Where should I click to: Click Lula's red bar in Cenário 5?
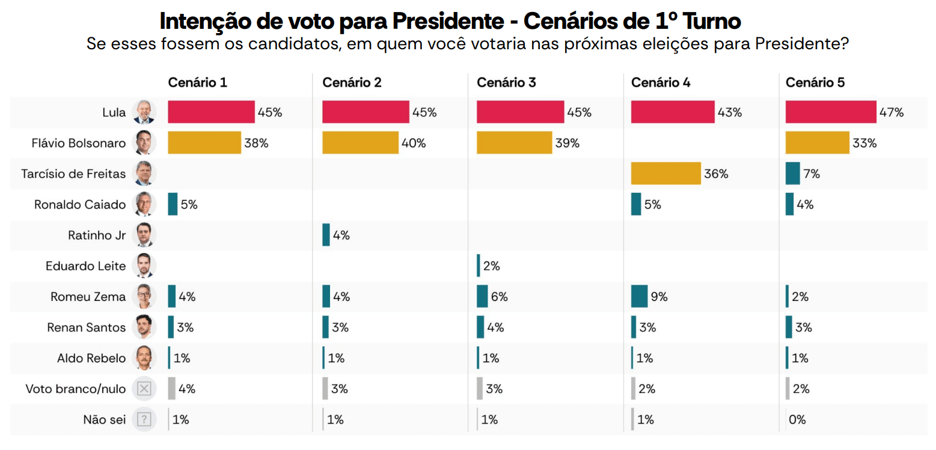point(830,112)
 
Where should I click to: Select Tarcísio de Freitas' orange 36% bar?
point(665,174)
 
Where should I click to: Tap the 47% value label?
point(892,112)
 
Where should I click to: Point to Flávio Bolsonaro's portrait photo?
point(144,143)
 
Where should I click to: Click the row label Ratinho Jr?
point(97,236)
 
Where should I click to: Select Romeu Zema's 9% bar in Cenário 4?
point(639,297)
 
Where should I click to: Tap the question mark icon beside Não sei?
point(144,419)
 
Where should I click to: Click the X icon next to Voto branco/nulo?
point(144,389)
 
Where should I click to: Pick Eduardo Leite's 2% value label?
point(491,266)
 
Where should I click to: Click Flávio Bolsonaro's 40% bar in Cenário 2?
point(360,143)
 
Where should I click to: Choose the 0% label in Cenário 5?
point(797,419)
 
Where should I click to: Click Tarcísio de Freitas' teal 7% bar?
point(792,174)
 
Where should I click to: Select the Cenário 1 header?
point(197,82)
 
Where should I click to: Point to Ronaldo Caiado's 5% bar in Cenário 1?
point(173,204)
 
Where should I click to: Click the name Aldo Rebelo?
point(91,358)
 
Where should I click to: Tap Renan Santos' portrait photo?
point(144,327)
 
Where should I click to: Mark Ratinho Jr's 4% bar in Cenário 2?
point(326,236)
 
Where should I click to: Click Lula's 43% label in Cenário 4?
point(730,112)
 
